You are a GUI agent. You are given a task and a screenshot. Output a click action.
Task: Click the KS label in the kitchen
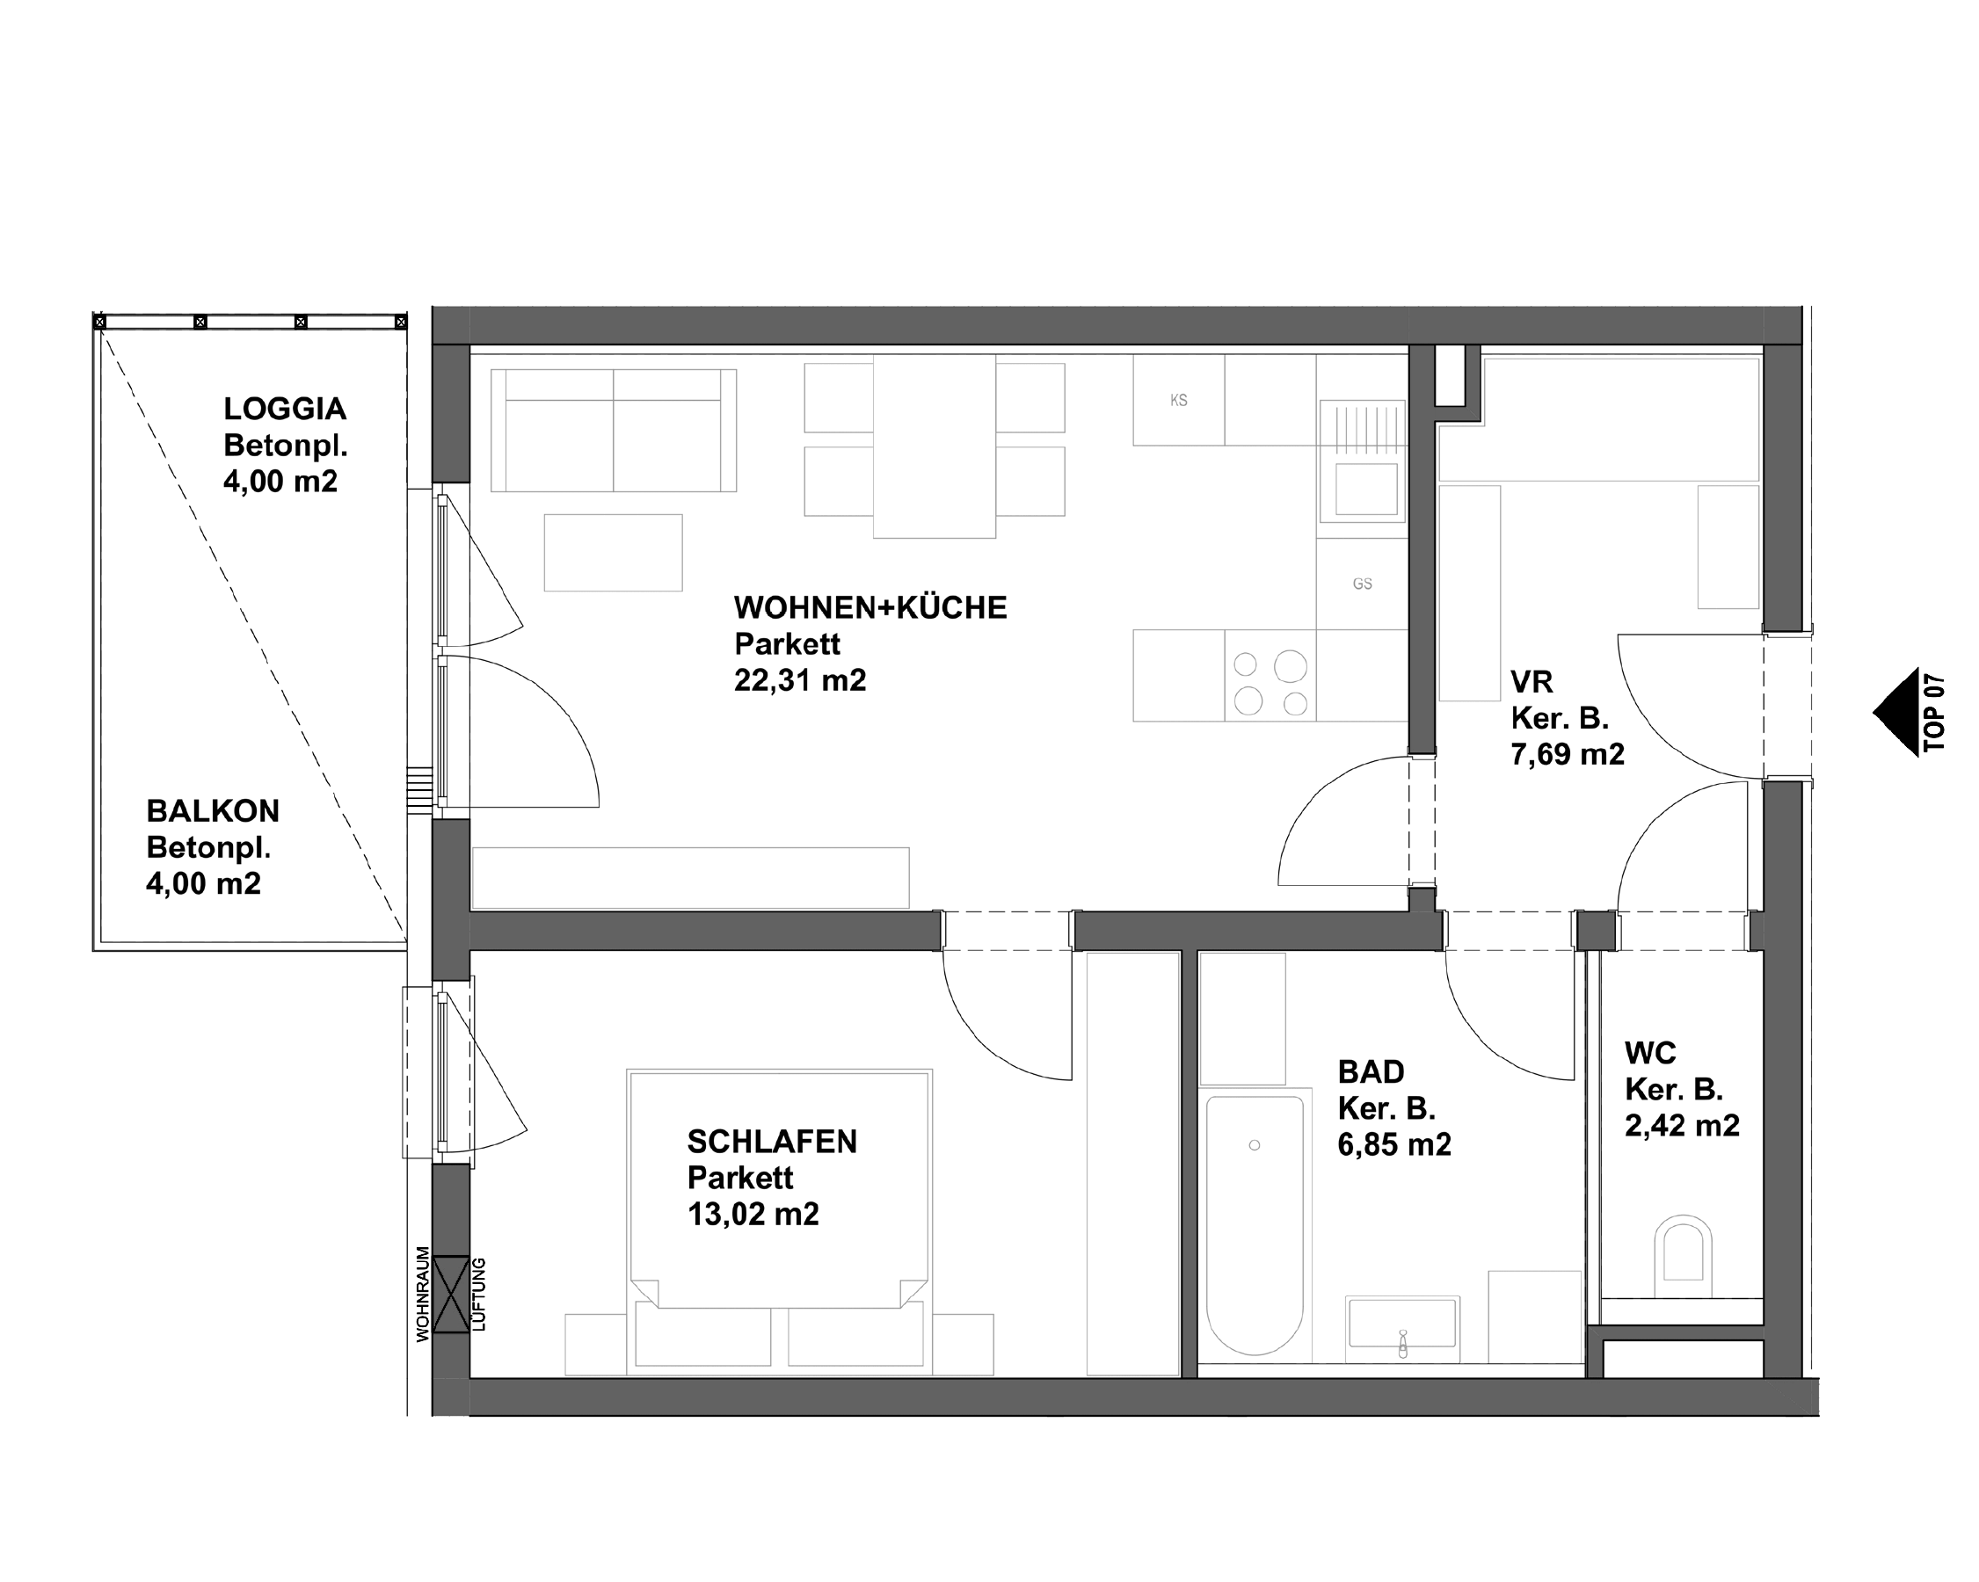(1179, 400)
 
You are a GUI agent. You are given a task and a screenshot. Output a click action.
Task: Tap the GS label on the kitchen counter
(1362, 584)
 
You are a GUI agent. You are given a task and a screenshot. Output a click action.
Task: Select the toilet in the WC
(1684, 1252)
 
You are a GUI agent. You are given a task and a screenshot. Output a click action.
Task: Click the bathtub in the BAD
(1254, 1224)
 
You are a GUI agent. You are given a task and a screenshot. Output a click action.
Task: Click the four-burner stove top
(1270, 684)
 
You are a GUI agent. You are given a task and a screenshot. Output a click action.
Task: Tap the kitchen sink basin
(1366, 489)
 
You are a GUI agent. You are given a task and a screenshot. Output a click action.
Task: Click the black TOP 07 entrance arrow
(1896, 712)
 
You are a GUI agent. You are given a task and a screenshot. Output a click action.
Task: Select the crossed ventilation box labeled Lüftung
(451, 1294)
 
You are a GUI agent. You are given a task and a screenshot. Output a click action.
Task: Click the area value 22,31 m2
(799, 680)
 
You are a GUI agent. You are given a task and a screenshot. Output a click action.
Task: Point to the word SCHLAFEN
(772, 1142)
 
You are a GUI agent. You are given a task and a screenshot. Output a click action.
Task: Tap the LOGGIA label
(285, 409)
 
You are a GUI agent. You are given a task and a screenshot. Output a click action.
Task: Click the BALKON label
(213, 811)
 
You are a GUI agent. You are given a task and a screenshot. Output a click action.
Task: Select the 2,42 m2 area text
(1682, 1126)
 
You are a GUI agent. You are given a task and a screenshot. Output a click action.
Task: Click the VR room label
(1531, 682)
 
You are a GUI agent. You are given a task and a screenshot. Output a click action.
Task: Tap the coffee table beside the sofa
(613, 553)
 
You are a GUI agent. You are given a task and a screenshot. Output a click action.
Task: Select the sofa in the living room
(613, 431)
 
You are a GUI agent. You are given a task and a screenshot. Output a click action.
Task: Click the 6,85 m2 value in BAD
(1393, 1145)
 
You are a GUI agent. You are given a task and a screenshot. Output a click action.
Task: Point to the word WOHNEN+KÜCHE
(870, 607)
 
